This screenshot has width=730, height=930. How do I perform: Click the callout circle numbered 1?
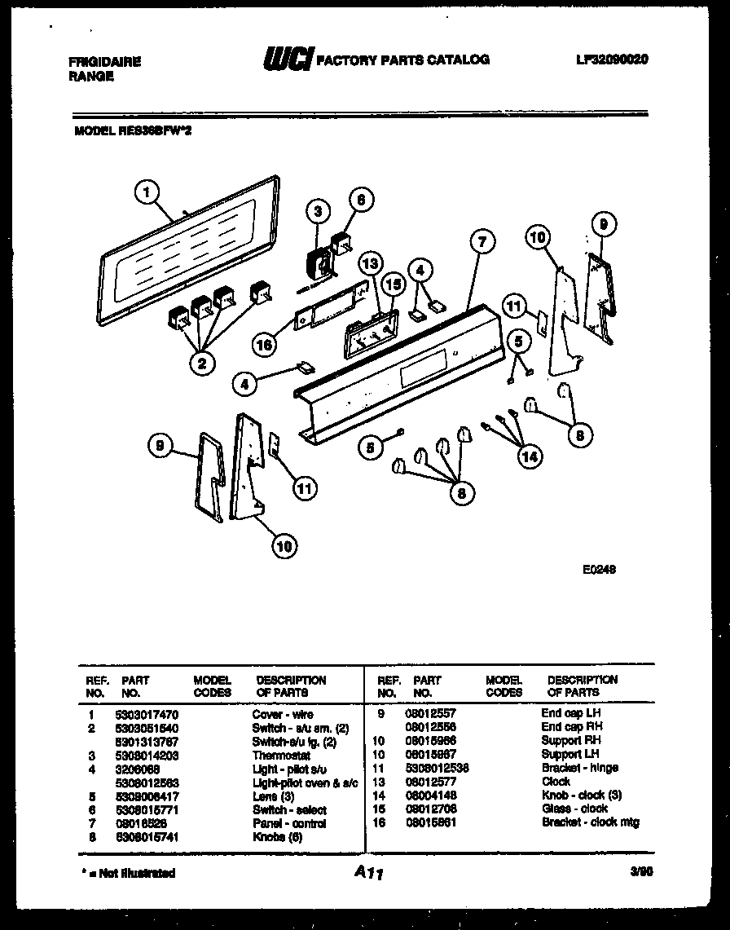click(147, 192)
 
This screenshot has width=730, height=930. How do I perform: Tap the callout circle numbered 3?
click(319, 211)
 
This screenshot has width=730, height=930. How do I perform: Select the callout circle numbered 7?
click(482, 241)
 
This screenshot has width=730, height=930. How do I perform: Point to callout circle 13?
click(370, 263)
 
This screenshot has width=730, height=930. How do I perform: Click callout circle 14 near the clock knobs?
click(530, 457)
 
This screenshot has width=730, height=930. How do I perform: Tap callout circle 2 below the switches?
click(201, 363)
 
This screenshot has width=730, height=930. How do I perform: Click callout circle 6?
click(362, 200)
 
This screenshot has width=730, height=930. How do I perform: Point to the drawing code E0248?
click(599, 571)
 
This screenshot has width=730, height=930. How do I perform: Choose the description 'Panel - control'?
click(289, 823)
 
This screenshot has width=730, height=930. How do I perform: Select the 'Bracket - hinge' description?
click(579, 768)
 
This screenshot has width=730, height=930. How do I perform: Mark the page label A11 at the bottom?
click(368, 873)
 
